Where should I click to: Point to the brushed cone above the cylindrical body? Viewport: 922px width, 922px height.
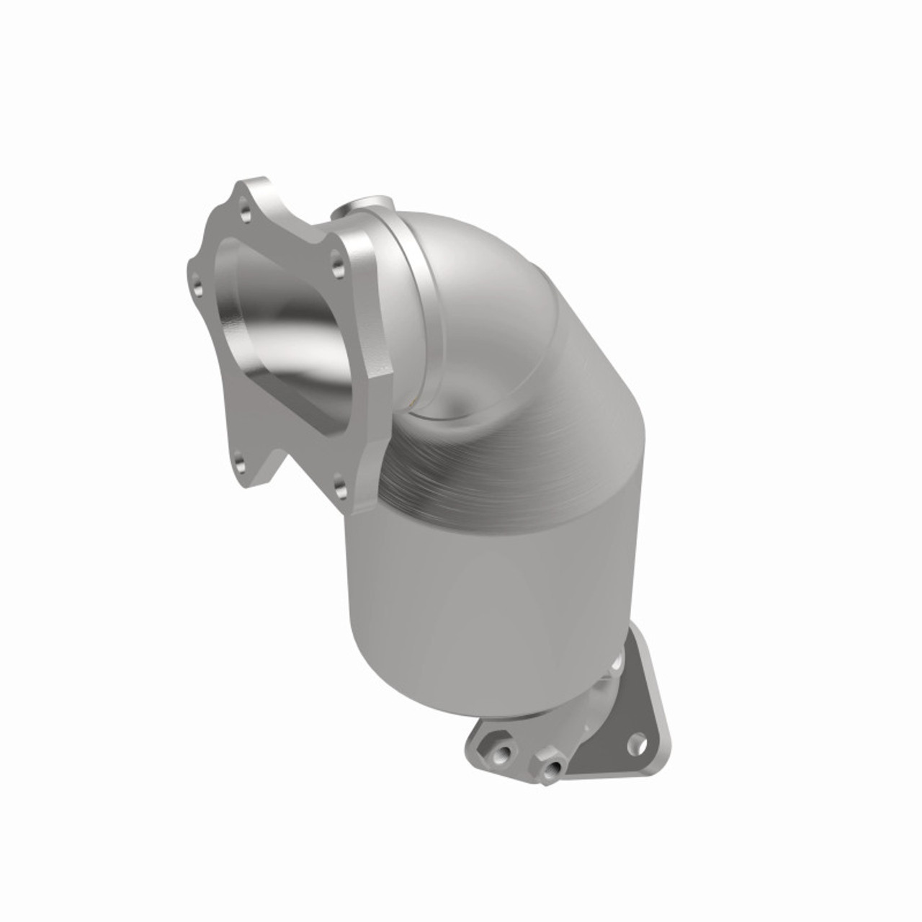pos(519,447)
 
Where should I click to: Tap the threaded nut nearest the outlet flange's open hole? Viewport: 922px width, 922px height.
pos(551,766)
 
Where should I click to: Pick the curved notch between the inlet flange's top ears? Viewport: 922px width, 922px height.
pos(288,209)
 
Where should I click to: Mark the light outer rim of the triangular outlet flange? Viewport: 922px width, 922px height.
pos(653,691)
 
